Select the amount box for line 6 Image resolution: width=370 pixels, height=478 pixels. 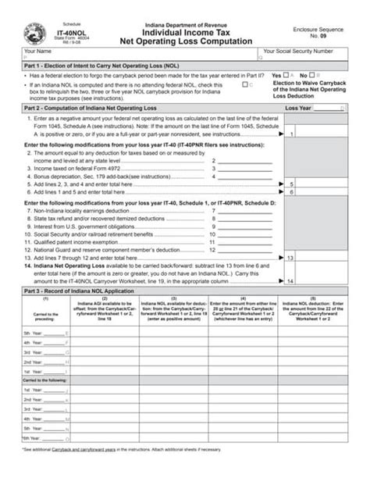point(329,190)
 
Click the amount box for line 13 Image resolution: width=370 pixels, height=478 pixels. point(329,256)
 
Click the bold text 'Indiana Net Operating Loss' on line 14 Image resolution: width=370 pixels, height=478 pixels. point(68,265)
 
